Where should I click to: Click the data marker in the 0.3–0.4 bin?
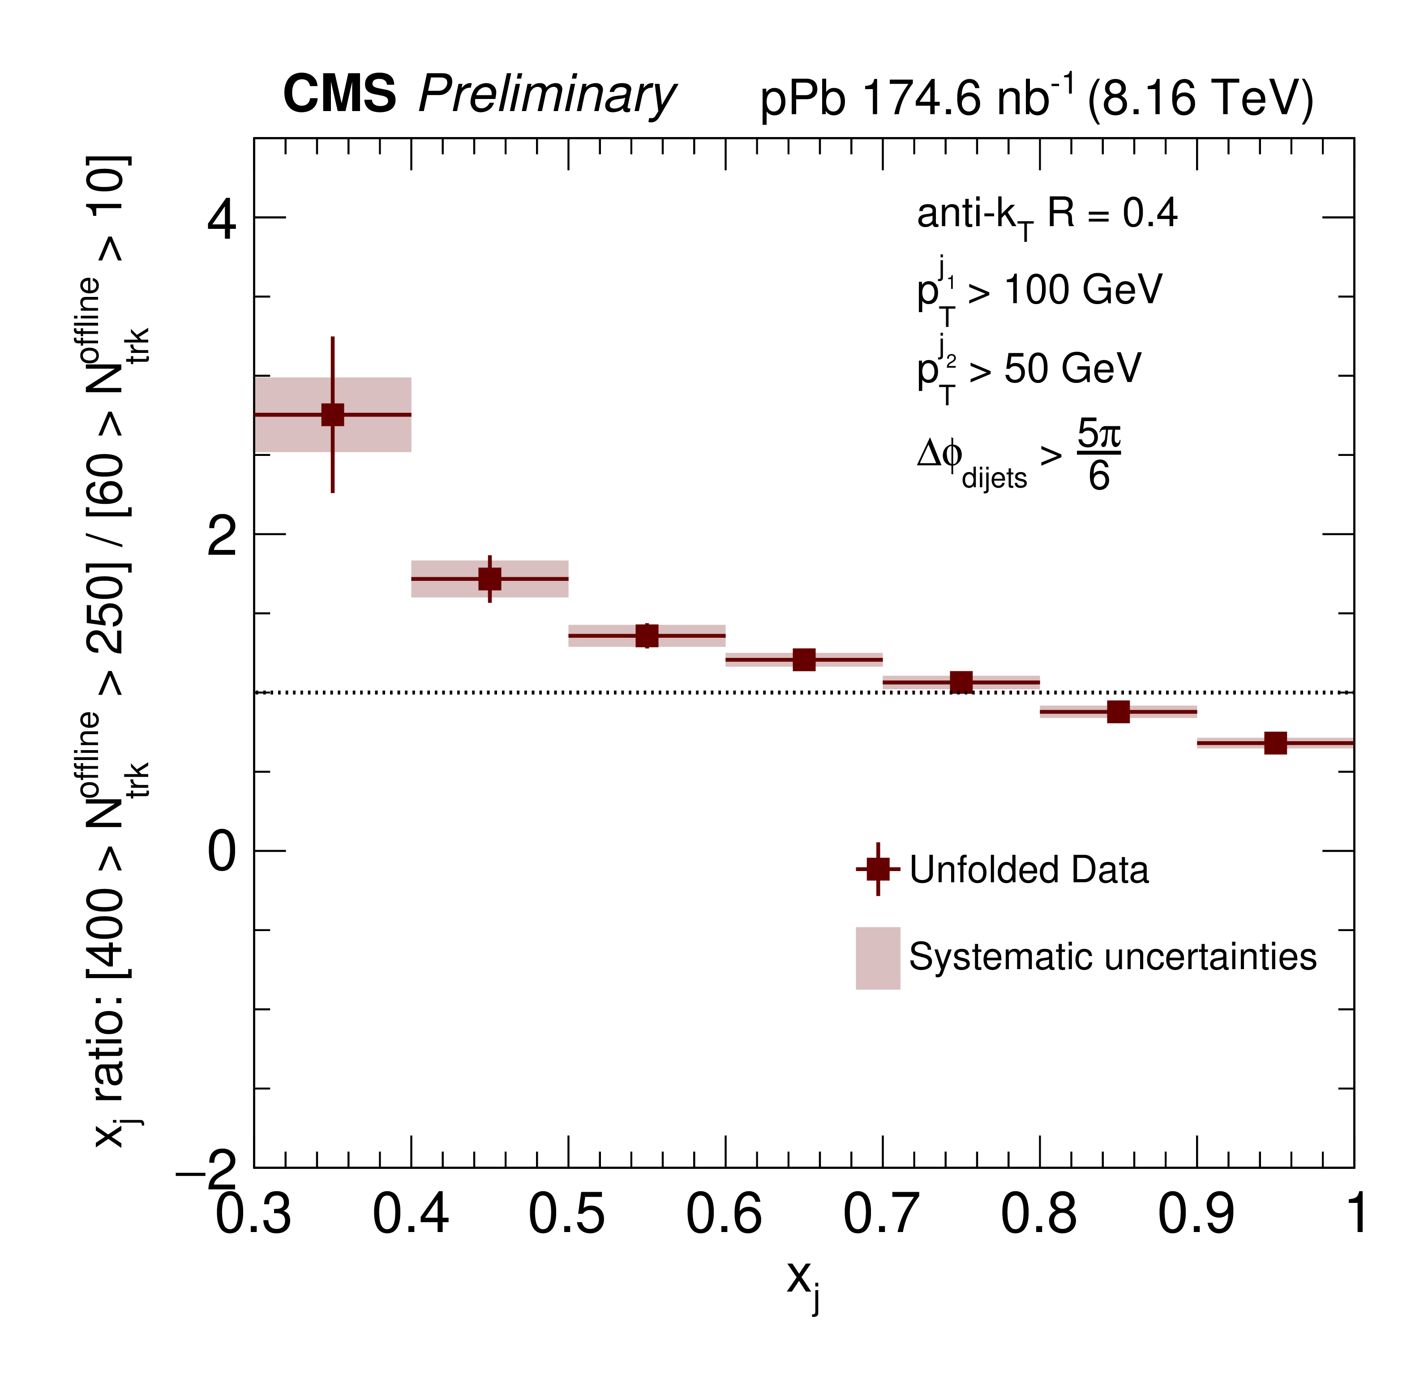click(333, 415)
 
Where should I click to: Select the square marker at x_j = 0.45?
click(490, 579)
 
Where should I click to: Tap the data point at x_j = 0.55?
click(647, 636)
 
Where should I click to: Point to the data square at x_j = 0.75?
click(961, 682)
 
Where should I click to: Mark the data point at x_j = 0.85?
click(1118, 712)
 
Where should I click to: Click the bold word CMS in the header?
click(340, 94)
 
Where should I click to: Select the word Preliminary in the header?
click(547, 95)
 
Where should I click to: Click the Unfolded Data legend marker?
click(878, 869)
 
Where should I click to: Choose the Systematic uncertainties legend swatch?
click(878, 958)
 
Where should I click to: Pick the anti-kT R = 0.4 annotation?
click(1046, 215)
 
